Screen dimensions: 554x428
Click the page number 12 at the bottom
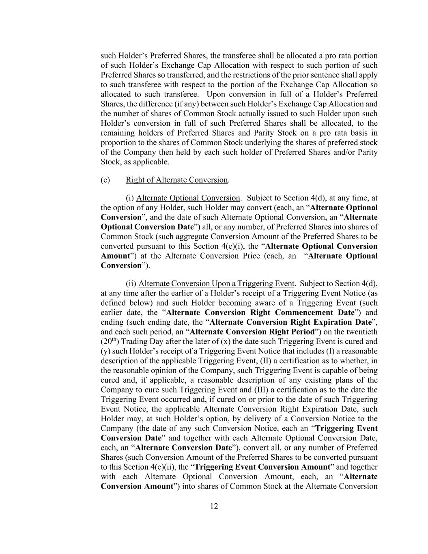click(x=214, y=506)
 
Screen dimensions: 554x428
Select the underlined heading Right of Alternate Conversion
click(x=177, y=180)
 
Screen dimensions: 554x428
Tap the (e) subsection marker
click(x=105, y=180)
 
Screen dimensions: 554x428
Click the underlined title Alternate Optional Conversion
click(x=188, y=198)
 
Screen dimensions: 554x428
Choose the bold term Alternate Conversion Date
click(x=183, y=448)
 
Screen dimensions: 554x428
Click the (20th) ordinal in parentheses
click(x=109, y=341)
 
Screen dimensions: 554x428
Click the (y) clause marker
click(x=105, y=351)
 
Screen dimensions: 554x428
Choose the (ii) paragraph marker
click(x=131, y=283)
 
